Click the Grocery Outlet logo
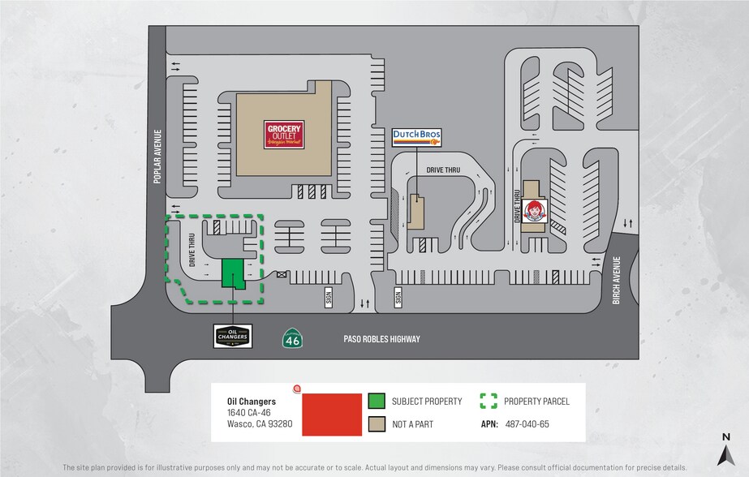(284, 133)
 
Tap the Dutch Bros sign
(416, 137)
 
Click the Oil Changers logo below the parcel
(233, 336)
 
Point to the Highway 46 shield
(292, 338)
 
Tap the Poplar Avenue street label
(159, 157)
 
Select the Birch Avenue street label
(617, 281)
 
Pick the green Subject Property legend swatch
(376, 401)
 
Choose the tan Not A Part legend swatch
(376, 423)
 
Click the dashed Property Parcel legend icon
(488, 401)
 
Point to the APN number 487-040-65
(527, 423)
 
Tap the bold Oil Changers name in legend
(251, 401)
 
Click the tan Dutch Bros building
(415, 211)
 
